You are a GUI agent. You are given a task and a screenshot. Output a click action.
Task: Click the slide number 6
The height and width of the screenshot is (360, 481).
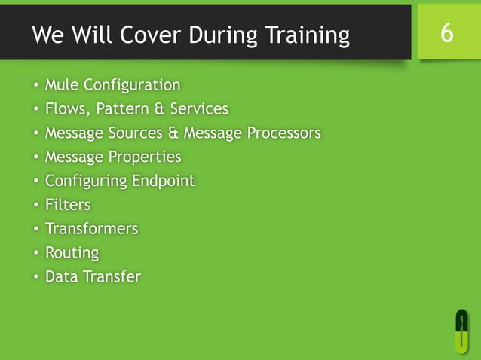[x=447, y=33]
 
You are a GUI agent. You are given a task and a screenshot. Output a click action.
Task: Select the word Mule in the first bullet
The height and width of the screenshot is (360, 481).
[x=62, y=85]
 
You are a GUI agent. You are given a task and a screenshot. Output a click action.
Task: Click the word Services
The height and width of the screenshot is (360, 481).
[x=199, y=109]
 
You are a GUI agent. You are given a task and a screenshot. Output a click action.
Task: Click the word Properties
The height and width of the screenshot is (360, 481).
[x=145, y=157]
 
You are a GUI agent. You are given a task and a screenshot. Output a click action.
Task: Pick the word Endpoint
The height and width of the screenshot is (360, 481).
[x=162, y=181]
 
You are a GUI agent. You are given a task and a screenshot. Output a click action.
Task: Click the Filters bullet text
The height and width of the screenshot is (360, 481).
[x=68, y=205]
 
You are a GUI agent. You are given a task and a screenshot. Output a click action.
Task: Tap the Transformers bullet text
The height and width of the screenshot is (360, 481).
[x=91, y=229]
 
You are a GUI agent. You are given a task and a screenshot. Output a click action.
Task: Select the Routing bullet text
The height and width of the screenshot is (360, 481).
[x=72, y=253]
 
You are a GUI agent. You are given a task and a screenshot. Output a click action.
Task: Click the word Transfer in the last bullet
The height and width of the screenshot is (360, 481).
[x=112, y=276]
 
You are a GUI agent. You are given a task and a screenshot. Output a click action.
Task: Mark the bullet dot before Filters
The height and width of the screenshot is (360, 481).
[x=35, y=206]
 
